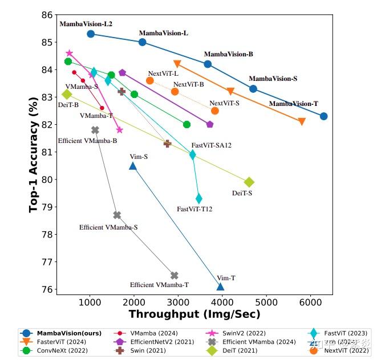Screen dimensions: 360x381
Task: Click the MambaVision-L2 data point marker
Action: pyautogui.click(x=91, y=34)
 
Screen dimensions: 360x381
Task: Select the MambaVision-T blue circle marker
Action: pyautogui.click(x=323, y=116)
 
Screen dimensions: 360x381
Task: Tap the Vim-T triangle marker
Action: pyautogui.click(x=220, y=286)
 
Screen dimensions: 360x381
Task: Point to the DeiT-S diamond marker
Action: pyautogui.click(x=249, y=182)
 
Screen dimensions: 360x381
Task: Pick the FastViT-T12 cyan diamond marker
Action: pyautogui.click(x=198, y=198)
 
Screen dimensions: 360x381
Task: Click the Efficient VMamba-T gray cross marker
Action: pyautogui.click(x=175, y=276)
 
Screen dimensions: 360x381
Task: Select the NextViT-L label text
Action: pyautogui.click(x=163, y=73)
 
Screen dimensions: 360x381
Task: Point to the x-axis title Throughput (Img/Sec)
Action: pyautogui.click(x=194, y=314)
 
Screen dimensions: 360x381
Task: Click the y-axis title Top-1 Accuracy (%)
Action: pyautogui.click(x=34, y=154)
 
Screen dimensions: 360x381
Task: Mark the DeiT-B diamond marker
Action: pyautogui.click(x=67, y=94)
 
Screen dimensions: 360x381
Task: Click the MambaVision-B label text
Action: pyautogui.click(x=228, y=54)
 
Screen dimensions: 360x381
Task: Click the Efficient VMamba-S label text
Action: pyautogui.click(x=108, y=227)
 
